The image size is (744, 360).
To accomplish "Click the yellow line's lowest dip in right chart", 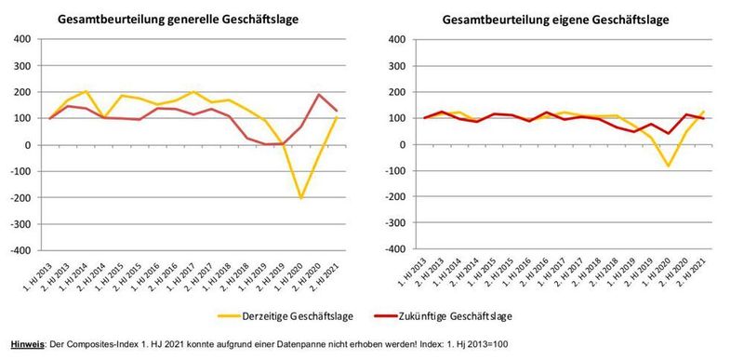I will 667,167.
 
